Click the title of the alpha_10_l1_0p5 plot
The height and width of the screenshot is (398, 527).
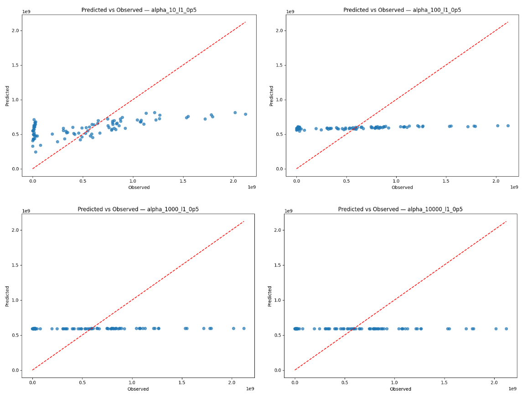pos(139,10)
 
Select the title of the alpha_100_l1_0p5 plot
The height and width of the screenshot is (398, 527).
pos(402,10)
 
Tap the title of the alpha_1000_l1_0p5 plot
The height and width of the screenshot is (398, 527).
pos(138,209)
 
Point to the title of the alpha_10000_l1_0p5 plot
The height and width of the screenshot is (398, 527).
pos(400,209)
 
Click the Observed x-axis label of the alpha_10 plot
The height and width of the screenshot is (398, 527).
pos(139,188)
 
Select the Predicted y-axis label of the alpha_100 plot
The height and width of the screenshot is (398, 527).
pos(271,95)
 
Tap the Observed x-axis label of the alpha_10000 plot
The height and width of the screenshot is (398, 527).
pos(400,389)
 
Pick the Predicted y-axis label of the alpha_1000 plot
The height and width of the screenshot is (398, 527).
pos(7,296)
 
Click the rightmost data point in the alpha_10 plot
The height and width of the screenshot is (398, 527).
pos(245,114)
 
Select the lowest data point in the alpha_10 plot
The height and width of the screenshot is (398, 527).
pos(36,152)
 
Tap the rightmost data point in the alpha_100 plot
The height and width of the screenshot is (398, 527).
pos(508,126)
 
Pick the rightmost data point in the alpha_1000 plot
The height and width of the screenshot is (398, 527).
pos(244,328)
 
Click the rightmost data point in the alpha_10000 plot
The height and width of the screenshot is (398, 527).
pos(506,329)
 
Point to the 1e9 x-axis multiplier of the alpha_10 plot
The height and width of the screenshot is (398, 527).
pos(252,187)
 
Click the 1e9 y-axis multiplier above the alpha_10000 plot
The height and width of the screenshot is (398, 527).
pos(289,211)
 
